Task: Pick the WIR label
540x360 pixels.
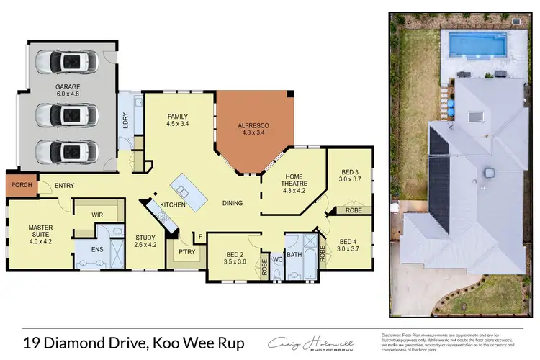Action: [98, 215]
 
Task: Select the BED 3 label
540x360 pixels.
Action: [350, 171]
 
